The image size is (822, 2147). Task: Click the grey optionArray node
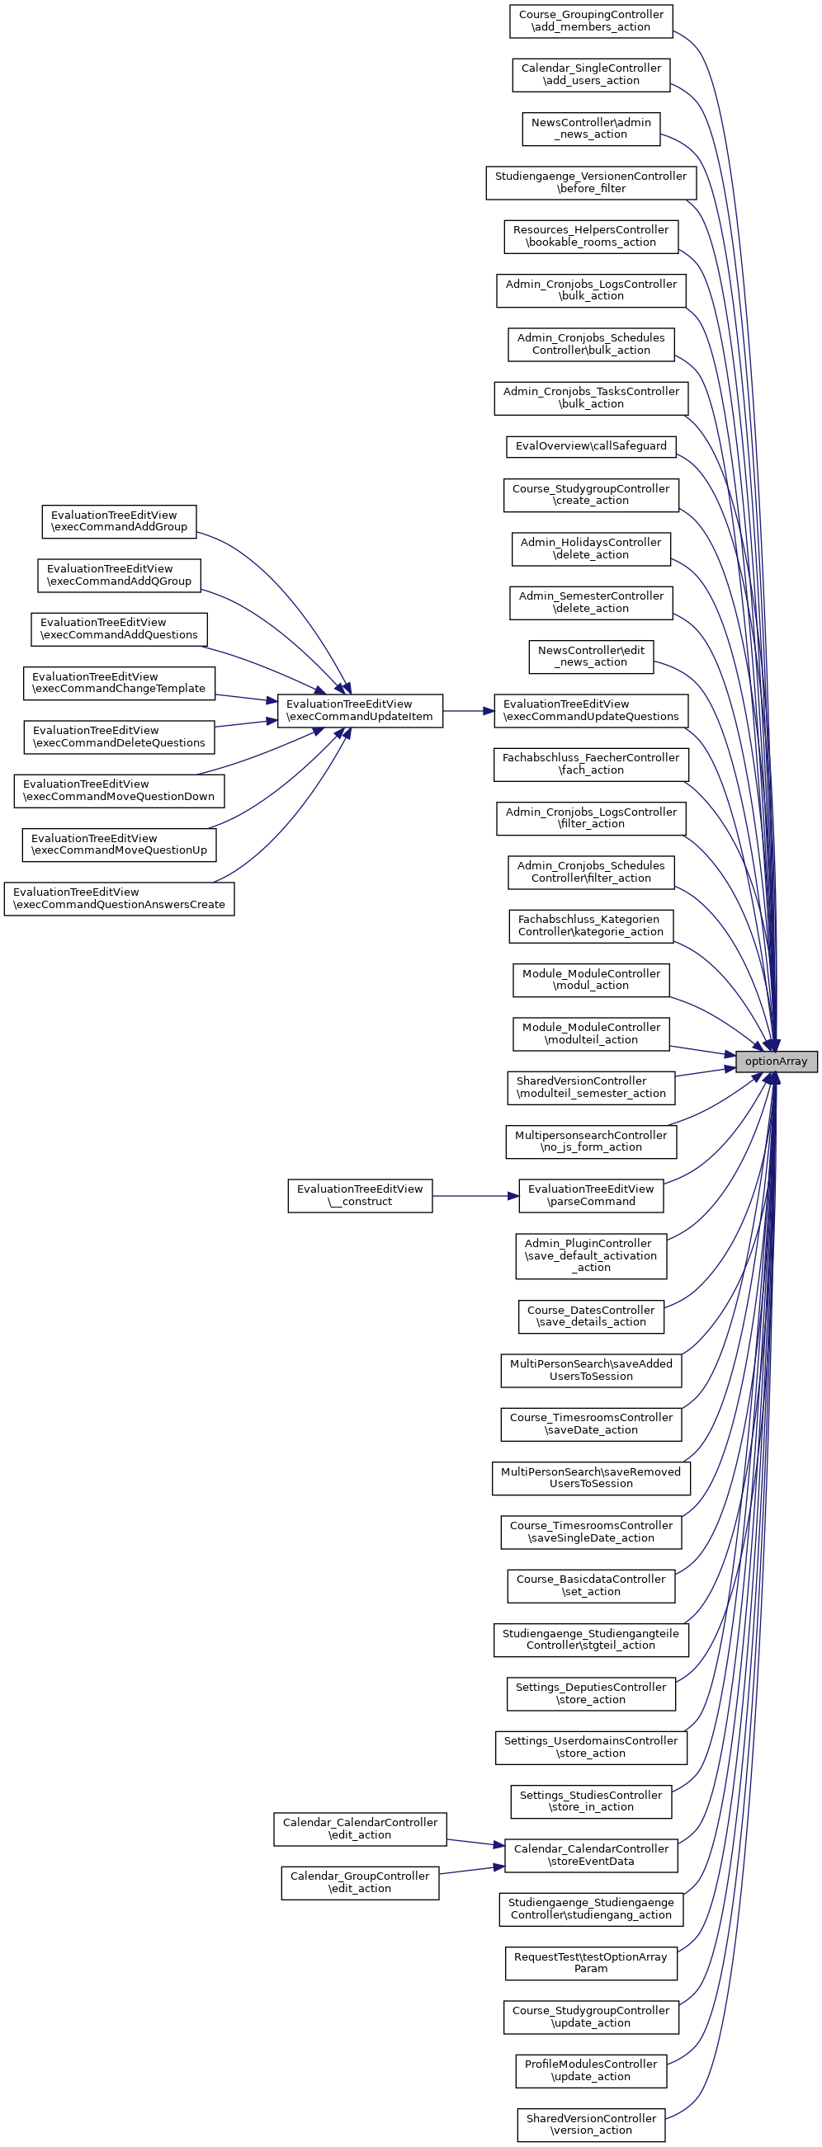(775, 1061)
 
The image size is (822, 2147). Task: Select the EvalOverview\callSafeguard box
(590, 446)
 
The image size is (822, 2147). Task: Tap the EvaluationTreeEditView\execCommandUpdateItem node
(359, 710)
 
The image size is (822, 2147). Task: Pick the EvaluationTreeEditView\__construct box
(359, 1195)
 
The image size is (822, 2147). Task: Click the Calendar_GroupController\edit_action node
(359, 1882)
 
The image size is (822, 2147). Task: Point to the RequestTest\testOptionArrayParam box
(590, 1962)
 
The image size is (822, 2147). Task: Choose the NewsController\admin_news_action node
(590, 129)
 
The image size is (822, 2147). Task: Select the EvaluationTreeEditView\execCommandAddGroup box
(119, 521)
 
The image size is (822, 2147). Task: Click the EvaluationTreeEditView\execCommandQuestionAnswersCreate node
(119, 898)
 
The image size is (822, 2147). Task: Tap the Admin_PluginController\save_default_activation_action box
(590, 1255)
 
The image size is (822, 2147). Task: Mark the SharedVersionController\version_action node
(590, 2124)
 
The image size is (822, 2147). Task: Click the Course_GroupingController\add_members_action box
(590, 21)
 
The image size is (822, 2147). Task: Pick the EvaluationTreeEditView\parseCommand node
(590, 1195)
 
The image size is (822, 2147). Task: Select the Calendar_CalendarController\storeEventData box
(590, 1854)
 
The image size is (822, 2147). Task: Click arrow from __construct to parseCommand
(475, 1196)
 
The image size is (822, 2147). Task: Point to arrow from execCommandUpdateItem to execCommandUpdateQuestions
(468, 711)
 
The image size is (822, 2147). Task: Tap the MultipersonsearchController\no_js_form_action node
(590, 1141)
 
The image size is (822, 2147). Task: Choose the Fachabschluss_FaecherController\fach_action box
(590, 764)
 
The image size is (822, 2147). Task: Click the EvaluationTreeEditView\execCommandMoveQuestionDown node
(119, 790)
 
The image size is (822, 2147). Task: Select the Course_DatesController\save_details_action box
(590, 1316)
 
